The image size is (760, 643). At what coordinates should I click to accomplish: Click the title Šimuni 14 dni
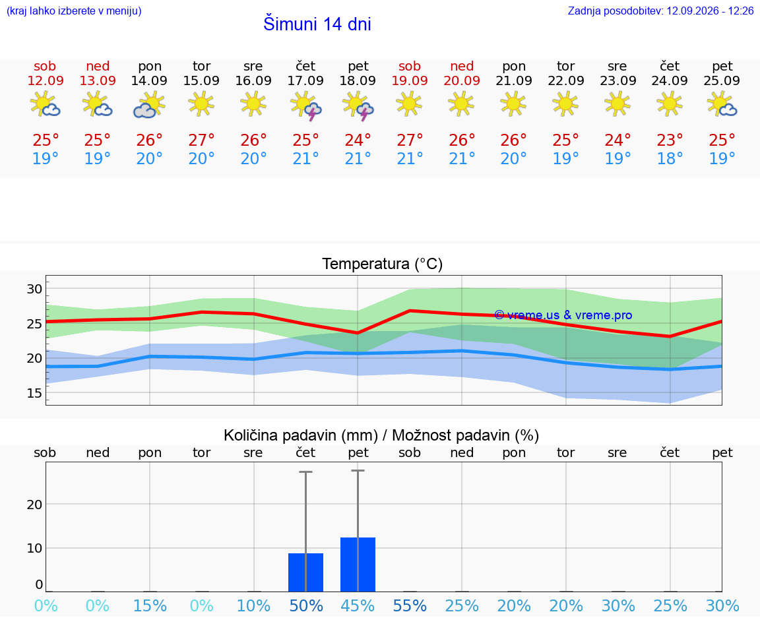317,24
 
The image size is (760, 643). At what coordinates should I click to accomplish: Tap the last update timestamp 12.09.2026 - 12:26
710,11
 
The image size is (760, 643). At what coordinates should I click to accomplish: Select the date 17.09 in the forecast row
305,80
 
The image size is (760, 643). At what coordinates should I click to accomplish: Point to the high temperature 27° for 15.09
201,140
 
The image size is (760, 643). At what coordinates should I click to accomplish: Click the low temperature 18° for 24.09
670,158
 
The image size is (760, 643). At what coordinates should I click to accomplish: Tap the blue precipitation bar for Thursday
306,572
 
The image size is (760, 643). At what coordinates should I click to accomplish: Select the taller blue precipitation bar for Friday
358,565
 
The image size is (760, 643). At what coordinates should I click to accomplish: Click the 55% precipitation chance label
410,605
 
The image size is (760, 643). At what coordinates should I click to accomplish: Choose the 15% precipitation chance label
150,605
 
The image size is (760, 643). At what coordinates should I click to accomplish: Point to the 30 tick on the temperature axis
34,289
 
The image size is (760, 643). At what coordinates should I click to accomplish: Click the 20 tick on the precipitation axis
34,505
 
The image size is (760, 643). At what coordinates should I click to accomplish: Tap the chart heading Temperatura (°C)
383,264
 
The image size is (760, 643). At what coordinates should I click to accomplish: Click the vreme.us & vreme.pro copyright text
563,315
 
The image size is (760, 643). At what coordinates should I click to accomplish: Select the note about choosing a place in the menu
74,11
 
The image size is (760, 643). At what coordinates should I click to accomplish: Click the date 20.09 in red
462,80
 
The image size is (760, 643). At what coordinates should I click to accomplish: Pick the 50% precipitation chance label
306,605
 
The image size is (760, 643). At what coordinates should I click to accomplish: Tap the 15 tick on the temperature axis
34,393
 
